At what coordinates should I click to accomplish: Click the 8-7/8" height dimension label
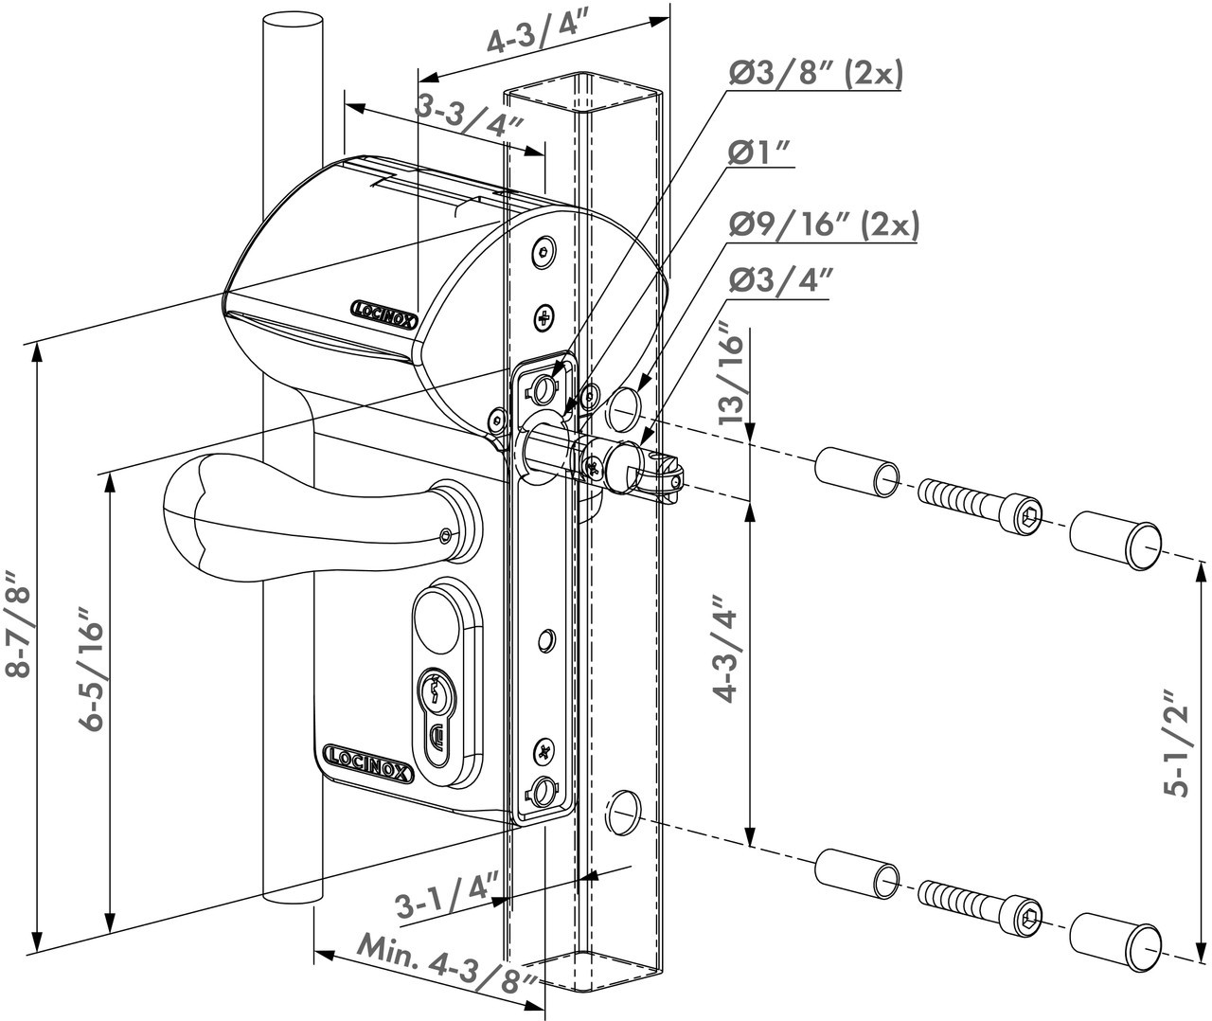point(20,625)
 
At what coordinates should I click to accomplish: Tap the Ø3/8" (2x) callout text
point(815,72)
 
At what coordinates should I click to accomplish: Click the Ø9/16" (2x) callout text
point(823,224)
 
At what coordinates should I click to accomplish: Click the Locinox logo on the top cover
point(383,313)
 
